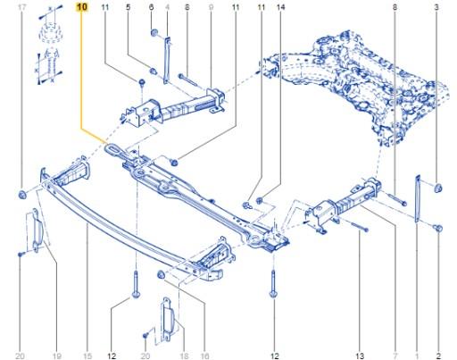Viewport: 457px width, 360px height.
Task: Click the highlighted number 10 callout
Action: coord(82,7)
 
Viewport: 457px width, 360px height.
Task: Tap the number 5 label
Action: coord(129,7)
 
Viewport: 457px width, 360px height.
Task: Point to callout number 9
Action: coord(211,7)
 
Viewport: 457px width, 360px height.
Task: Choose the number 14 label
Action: coord(280,7)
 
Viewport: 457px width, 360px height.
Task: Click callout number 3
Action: coord(436,7)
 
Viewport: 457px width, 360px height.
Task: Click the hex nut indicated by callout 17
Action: coord(22,194)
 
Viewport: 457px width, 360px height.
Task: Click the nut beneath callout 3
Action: coord(437,188)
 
